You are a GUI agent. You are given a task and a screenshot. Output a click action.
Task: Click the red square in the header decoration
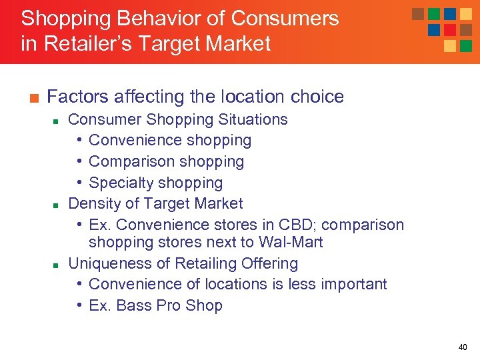pyautogui.click(x=450, y=30)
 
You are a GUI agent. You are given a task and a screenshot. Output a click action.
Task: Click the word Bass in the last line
pyautogui.click(x=133, y=305)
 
